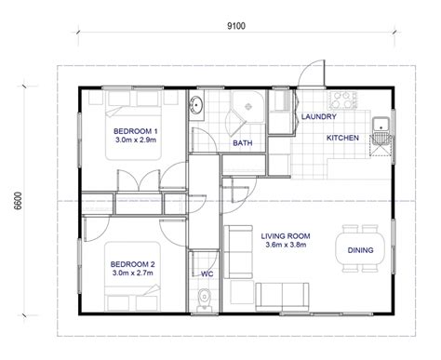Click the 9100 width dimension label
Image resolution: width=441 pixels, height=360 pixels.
click(x=236, y=26)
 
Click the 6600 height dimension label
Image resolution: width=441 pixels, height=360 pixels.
click(x=19, y=201)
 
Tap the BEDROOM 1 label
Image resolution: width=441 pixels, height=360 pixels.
click(x=135, y=131)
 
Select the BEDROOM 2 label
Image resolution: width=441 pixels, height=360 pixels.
click(x=132, y=264)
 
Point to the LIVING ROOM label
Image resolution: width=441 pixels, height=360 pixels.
click(x=286, y=236)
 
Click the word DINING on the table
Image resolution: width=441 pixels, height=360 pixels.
click(x=360, y=250)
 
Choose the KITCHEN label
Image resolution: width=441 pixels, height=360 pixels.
click(x=342, y=138)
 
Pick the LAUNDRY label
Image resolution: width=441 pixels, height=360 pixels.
click(x=319, y=116)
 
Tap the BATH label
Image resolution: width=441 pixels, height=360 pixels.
click(x=243, y=143)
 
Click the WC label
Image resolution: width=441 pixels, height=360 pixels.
click(x=207, y=274)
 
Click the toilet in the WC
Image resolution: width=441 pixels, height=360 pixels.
click(x=204, y=300)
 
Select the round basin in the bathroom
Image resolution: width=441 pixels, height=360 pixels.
click(x=196, y=105)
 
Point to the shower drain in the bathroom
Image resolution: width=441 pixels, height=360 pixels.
click(x=248, y=107)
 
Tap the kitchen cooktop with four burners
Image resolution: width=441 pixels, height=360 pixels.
click(x=342, y=100)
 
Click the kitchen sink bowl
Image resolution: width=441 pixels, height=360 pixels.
click(x=381, y=125)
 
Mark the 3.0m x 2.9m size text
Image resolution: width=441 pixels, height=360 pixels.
click(x=136, y=140)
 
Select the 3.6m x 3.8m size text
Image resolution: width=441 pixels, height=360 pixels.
click(x=286, y=245)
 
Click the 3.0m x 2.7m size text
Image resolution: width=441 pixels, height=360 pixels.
click(x=133, y=273)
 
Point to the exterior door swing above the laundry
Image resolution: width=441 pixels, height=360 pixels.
click(x=312, y=73)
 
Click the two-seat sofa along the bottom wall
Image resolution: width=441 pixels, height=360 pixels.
click(x=282, y=297)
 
